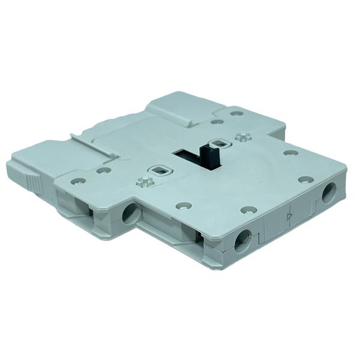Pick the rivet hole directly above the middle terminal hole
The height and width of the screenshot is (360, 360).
click(x=247, y=209)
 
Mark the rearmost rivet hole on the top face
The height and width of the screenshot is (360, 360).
click(x=217, y=122)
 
